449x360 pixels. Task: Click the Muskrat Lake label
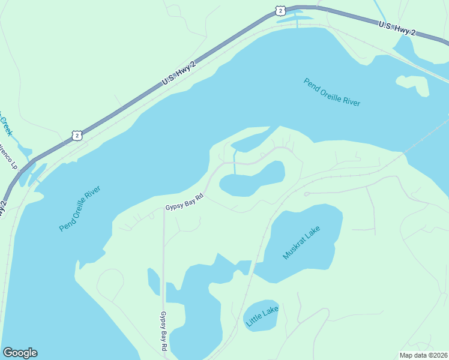coord(302,243)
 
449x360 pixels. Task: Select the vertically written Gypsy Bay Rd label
coord(163,331)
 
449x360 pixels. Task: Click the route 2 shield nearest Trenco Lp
coord(76,135)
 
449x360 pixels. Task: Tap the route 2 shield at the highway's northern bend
coord(280,10)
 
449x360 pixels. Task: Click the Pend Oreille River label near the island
coord(332,92)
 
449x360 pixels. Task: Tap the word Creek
coord(5,126)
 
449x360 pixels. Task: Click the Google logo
coord(20,353)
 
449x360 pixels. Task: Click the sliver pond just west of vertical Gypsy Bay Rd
coord(154,281)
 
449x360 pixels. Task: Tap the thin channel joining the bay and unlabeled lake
coord(234,163)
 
